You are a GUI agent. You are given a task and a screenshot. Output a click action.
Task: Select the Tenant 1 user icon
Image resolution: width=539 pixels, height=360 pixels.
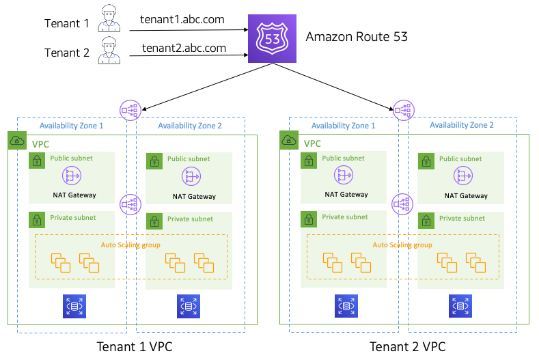pyautogui.click(x=109, y=19)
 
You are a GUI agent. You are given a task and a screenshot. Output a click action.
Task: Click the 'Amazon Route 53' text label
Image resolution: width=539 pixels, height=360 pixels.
pyautogui.click(x=357, y=37)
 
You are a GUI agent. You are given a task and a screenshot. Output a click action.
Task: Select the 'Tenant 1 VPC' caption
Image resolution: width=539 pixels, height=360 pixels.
pyautogui.click(x=135, y=346)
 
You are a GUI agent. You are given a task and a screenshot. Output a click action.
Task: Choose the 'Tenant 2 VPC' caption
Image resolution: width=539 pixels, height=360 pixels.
pyautogui.click(x=407, y=346)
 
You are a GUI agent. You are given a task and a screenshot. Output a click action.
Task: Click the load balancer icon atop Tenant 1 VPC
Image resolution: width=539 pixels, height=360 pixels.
pyautogui.click(x=128, y=109)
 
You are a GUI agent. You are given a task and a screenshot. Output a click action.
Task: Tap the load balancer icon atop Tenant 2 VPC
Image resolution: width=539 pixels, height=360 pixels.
pyautogui.click(x=403, y=109)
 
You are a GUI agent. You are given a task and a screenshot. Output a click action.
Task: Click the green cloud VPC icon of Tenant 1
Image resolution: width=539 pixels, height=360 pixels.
pyautogui.click(x=16, y=141)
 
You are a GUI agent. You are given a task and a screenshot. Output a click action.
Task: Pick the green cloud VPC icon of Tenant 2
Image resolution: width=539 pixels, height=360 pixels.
pyautogui.click(x=288, y=141)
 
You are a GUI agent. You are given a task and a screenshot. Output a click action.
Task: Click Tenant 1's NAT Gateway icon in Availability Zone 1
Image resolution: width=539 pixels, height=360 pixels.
pyautogui.click(x=72, y=176)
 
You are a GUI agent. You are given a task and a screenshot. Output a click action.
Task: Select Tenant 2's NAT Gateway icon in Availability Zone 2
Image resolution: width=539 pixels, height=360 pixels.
pyautogui.click(x=464, y=176)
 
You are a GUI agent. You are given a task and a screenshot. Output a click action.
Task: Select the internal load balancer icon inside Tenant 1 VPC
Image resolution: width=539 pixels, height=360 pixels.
pyautogui.click(x=129, y=203)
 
